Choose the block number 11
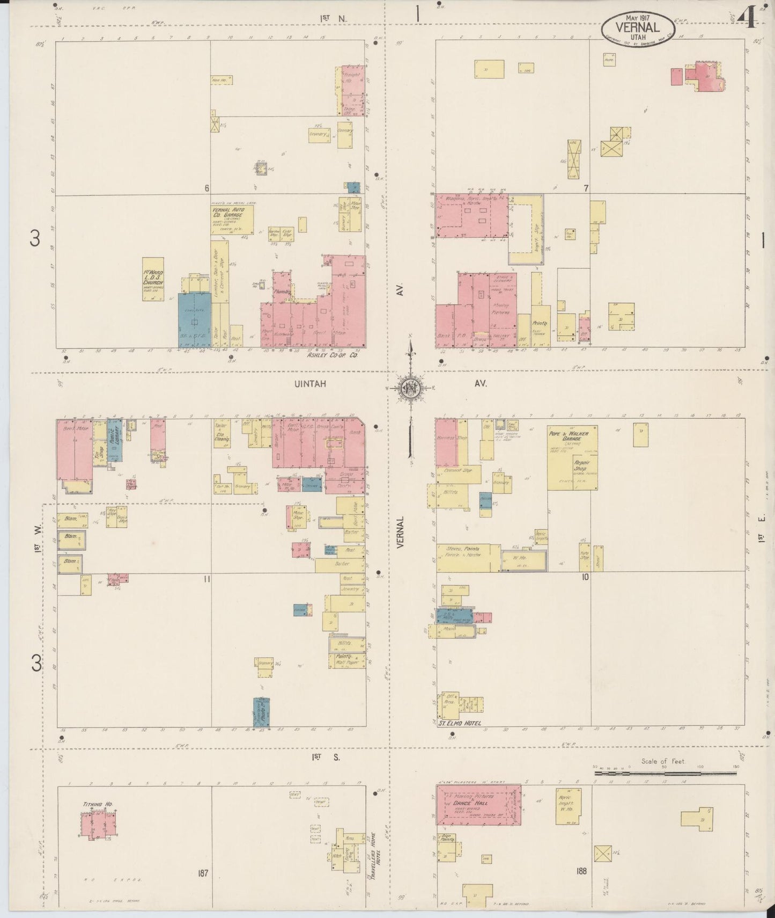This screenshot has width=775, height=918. tap(205, 579)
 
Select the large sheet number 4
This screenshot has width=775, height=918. tap(747, 19)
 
